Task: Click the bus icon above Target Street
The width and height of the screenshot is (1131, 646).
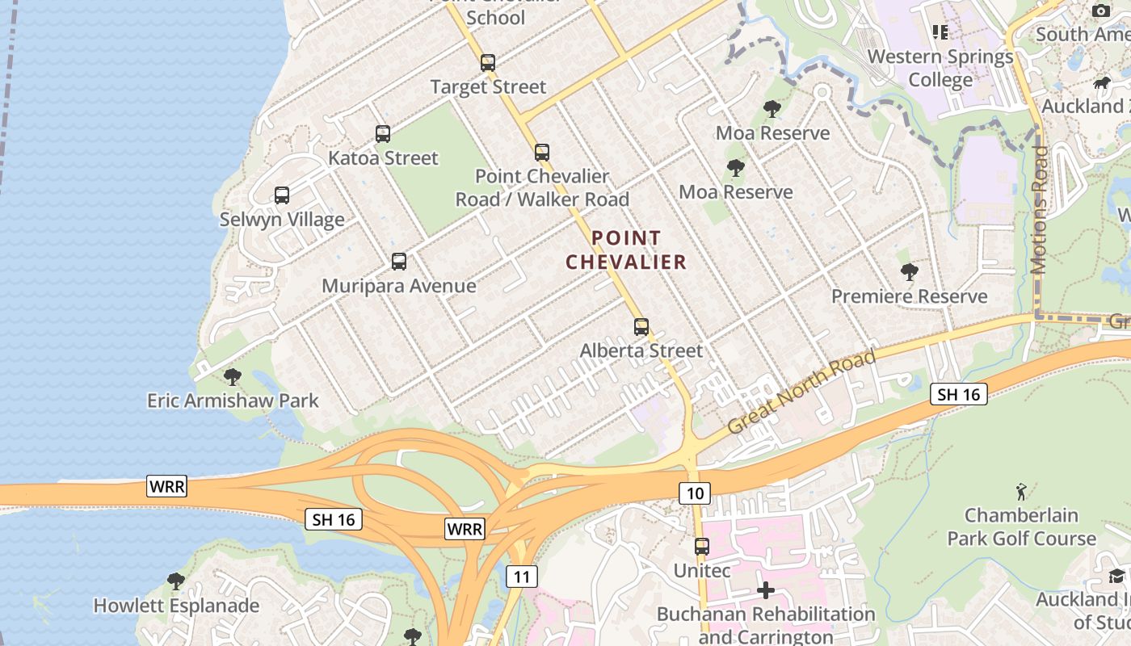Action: (487, 62)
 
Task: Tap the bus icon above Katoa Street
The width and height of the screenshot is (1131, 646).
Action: (382, 133)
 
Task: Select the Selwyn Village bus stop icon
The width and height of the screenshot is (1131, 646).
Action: (281, 195)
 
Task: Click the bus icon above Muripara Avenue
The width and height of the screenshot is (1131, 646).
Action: (398, 261)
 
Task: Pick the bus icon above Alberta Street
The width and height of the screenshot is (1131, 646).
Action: (641, 326)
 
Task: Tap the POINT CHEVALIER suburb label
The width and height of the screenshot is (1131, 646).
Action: (626, 250)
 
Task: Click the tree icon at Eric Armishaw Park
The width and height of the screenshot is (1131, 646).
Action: (233, 375)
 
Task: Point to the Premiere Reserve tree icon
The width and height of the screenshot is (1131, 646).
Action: (909, 272)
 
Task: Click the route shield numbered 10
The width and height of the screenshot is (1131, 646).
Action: (694, 493)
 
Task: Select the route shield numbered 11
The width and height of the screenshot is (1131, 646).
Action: (522, 576)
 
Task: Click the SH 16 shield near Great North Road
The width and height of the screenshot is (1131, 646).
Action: (958, 394)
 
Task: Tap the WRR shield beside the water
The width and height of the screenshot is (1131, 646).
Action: (167, 485)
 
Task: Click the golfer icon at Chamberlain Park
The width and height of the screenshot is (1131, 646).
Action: (1021, 491)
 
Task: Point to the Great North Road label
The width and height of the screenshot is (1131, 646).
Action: (802, 392)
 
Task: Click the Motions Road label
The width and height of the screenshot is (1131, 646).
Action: (1040, 210)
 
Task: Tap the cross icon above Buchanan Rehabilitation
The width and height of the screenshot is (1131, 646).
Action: (765, 590)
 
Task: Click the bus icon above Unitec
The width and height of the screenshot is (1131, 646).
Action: (701, 546)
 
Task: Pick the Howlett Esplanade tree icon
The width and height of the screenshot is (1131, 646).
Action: (175, 581)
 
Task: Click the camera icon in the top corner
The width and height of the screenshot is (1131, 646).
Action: (1101, 10)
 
